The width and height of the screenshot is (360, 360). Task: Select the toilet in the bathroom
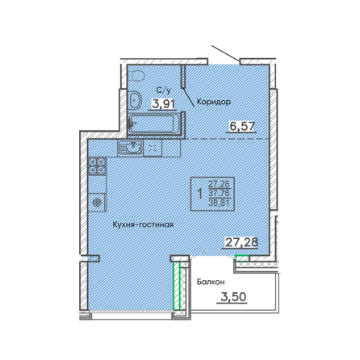pyautogui.click(x=137, y=101)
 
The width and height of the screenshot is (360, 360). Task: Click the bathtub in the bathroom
pyautogui.click(x=155, y=125)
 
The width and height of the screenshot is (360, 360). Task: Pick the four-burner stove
pyautogui.click(x=98, y=167)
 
